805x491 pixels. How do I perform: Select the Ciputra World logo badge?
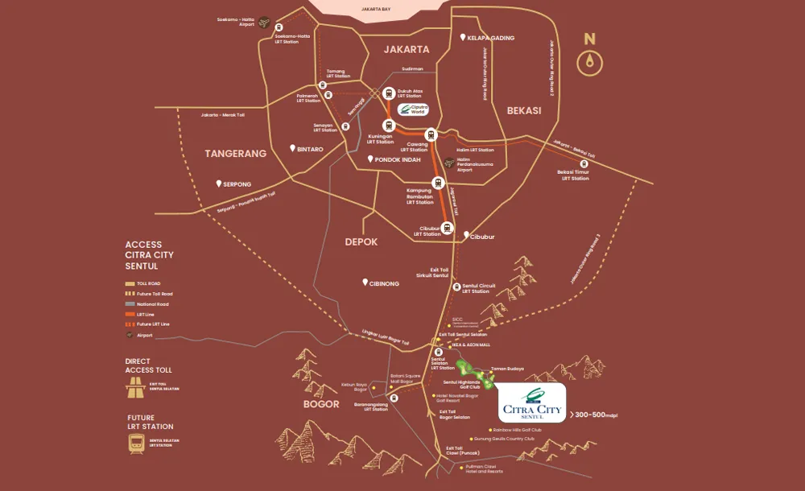click(x=415, y=109)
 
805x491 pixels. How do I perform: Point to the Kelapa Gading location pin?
click(x=462, y=38)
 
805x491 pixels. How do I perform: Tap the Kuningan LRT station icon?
click(x=389, y=126)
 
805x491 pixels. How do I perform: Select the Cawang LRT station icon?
click(x=431, y=134)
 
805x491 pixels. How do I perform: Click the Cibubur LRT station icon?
click(x=445, y=226)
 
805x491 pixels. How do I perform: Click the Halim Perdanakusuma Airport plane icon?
click(x=449, y=162)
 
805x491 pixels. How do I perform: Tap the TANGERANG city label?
click(x=235, y=153)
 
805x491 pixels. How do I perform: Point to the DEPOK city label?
click(x=361, y=241)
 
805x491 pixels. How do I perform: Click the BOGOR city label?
click(x=321, y=403)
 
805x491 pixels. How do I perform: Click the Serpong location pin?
click(x=218, y=184)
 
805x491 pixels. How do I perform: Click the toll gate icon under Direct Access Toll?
click(x=135, y=388)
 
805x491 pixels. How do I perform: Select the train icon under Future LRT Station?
click(x=135, y=444)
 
